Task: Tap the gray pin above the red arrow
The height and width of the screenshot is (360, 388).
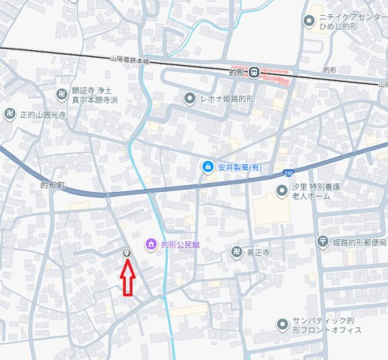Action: [x=127, y=253]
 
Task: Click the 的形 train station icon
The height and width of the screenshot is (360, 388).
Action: [x=255, y=72]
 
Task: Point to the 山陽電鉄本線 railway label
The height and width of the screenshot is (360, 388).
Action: [x=130, y=61]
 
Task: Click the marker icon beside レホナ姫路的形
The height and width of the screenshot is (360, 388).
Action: [x=190, y=98]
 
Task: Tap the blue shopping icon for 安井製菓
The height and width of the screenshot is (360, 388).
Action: [x=207, y=166]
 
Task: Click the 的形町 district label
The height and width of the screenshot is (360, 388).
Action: [x=53, y=184]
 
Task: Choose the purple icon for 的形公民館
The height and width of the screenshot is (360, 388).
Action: [x=151, y=244]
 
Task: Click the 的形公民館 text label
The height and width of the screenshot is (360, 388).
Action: [x=182, y=244]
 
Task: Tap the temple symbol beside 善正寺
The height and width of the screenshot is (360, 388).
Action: [x=237, y=252]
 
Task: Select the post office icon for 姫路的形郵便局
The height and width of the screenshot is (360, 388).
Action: [x=322, y=241]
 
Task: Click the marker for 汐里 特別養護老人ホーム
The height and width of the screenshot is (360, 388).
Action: [x=282, y=191]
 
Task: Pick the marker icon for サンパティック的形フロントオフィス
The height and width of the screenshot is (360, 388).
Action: [x=282, y=324]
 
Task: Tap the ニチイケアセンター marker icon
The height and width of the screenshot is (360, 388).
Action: [x=308, y=20]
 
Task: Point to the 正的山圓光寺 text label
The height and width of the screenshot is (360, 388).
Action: [x=43, y=115]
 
